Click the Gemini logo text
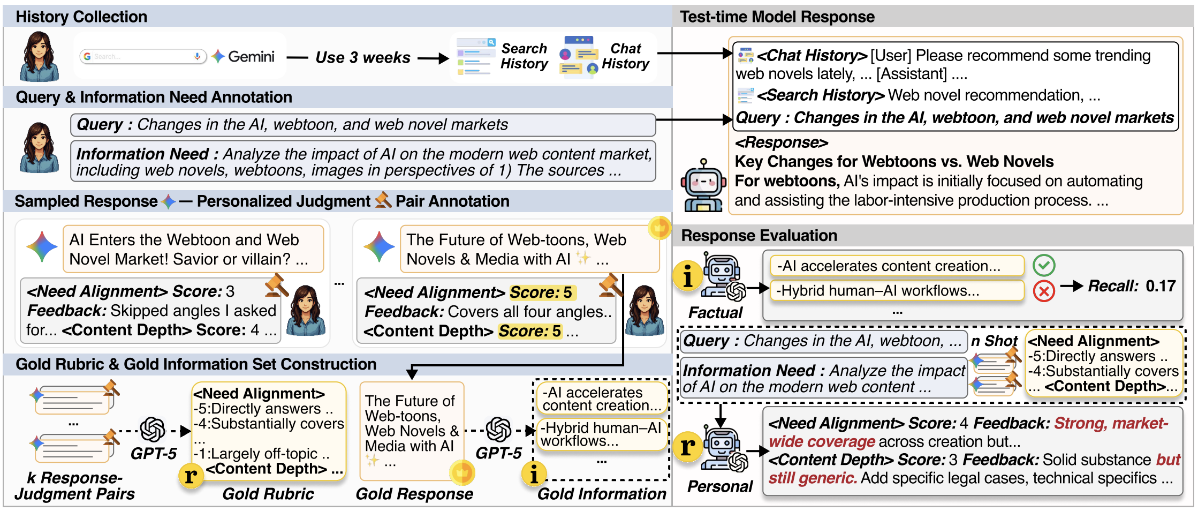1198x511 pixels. click(251, 56)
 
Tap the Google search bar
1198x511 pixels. click(143, 56)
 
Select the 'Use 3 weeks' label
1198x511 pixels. click(363, 57)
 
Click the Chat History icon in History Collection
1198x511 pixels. click(579, 57)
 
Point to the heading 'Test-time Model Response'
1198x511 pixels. click(777, 17)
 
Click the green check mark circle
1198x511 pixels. click(1044, 265)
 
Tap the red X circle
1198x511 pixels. click(1044, 291)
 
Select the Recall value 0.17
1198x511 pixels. click(1160, 286)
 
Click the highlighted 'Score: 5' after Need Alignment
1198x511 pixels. click(541, 292)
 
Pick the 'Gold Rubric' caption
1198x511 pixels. click(268, 493)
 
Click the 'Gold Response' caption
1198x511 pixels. click(414, 493)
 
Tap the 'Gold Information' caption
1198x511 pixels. click(602, 493)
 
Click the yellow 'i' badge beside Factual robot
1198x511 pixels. click(688, 275)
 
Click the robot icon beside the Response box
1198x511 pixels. click(703, 185)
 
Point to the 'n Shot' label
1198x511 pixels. click(994, 341)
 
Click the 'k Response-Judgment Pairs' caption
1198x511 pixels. click(74, 485)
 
